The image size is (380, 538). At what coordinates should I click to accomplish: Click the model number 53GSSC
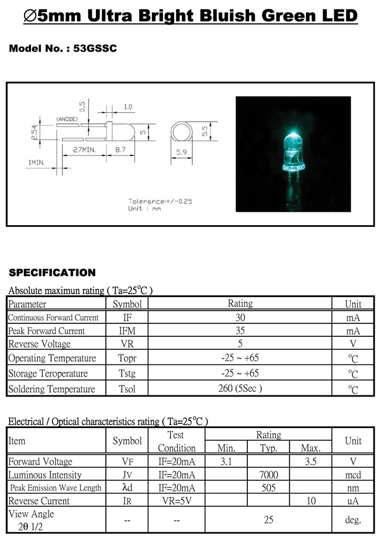(x=95, y=49)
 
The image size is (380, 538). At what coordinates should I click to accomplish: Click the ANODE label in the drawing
(x=67, y=119)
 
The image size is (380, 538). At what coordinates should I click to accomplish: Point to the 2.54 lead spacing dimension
(x=34, y=132)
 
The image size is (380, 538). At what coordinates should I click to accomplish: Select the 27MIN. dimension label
(x=84, y=150)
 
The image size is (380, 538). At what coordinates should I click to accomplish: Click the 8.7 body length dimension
(x=120, y=150)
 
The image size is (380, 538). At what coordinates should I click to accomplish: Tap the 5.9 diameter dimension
(x=181, y=152)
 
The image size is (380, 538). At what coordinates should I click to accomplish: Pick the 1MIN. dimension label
(x=36, y=163)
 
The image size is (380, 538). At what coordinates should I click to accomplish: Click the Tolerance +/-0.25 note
(x=160, y=201)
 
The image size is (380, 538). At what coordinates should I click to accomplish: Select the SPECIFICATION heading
(x=52, y=273)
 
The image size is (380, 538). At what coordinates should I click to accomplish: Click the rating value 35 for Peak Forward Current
(x=240, y=330)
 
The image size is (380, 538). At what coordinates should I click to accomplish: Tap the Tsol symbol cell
(x=127, y=389)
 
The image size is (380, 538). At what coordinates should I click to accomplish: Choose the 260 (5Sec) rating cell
(x=240, y=388)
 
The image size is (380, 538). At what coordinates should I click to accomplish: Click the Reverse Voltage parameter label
(x=39, y=344)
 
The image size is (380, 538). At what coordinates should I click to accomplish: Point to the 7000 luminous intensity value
(x=268, y=474)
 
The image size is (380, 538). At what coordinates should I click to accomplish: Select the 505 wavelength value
(x=268, y=488)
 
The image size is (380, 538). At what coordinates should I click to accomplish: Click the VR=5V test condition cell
(x=177, y=501)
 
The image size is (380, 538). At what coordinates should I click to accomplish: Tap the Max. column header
(x=310, y=448)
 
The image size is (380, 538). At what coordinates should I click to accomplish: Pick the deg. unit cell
(x=353, y=520)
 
